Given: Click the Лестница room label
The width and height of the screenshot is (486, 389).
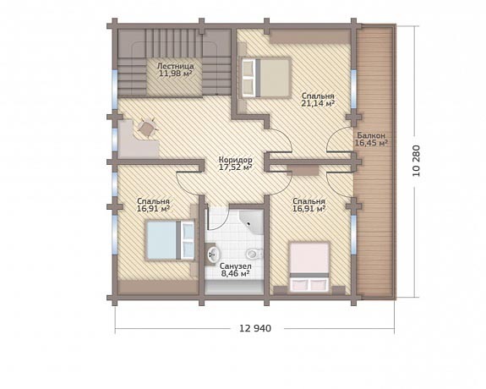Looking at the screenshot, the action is coord(176,66).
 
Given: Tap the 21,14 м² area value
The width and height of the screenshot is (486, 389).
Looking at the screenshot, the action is coord(318,104).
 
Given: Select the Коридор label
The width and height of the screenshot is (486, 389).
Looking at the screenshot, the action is coord(236,160).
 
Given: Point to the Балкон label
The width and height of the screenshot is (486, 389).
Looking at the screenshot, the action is coord(371,135).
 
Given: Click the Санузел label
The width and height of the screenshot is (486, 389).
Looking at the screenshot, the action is coord(236,266).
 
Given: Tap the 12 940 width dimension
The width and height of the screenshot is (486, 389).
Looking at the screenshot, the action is coord(255,328).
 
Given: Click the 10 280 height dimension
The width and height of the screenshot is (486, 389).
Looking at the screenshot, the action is coord(416,161).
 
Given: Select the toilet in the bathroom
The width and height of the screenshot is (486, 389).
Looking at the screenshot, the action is coord(254,254).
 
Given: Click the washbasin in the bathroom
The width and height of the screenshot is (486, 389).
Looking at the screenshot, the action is coord(212,255).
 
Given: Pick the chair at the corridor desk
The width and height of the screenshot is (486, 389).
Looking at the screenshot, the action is coord(146,127).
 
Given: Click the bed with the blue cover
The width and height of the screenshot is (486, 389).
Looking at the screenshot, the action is coord(170,240).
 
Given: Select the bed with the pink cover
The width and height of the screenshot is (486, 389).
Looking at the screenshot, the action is coord(309,267).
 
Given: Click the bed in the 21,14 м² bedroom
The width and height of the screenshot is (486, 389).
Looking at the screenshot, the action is coord(266,78).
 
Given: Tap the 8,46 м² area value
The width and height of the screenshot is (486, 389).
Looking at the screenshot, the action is coord(236,274).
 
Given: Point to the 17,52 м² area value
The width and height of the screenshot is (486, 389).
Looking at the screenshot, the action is coord(236,167).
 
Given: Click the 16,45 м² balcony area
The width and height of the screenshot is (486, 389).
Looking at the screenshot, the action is coord(371,143).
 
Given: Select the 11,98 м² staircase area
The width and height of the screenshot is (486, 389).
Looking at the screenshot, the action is coord(176,74).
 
